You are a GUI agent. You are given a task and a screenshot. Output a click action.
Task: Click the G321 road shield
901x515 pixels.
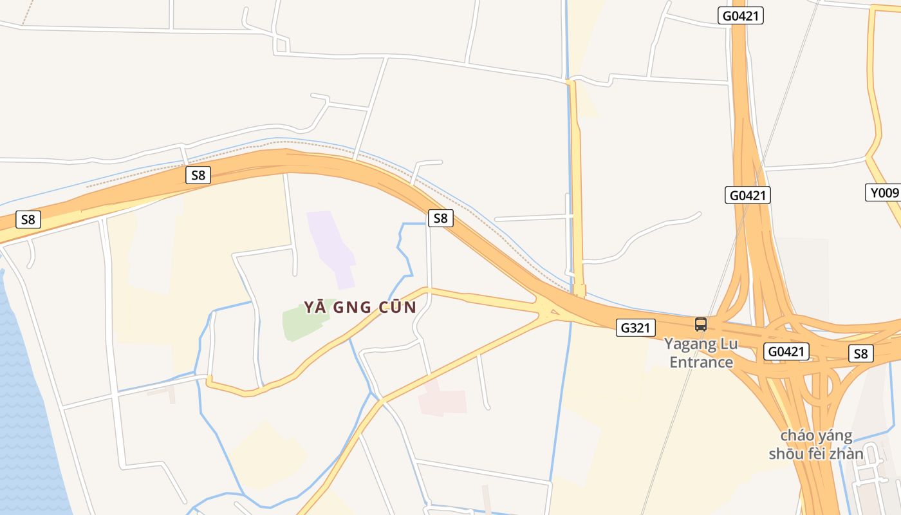[635, 328]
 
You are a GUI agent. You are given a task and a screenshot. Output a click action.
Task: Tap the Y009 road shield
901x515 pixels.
[883, 192]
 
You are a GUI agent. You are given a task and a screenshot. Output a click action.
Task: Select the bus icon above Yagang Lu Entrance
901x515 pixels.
[701, 324]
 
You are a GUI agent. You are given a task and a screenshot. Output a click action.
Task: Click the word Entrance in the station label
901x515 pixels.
[701, 362]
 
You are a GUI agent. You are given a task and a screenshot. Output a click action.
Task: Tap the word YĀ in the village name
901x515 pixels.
[315, 307]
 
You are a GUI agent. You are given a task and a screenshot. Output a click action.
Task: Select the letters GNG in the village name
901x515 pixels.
[355, 307]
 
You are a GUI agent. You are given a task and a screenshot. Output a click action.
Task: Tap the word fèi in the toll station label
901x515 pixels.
[816, 454]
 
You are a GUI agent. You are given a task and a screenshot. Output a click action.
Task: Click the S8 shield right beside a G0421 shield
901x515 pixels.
[860, 353]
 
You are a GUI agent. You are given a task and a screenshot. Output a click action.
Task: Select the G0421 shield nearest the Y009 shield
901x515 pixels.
[747, 195]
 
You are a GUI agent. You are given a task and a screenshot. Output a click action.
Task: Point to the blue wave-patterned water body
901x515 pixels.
[26, 418]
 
